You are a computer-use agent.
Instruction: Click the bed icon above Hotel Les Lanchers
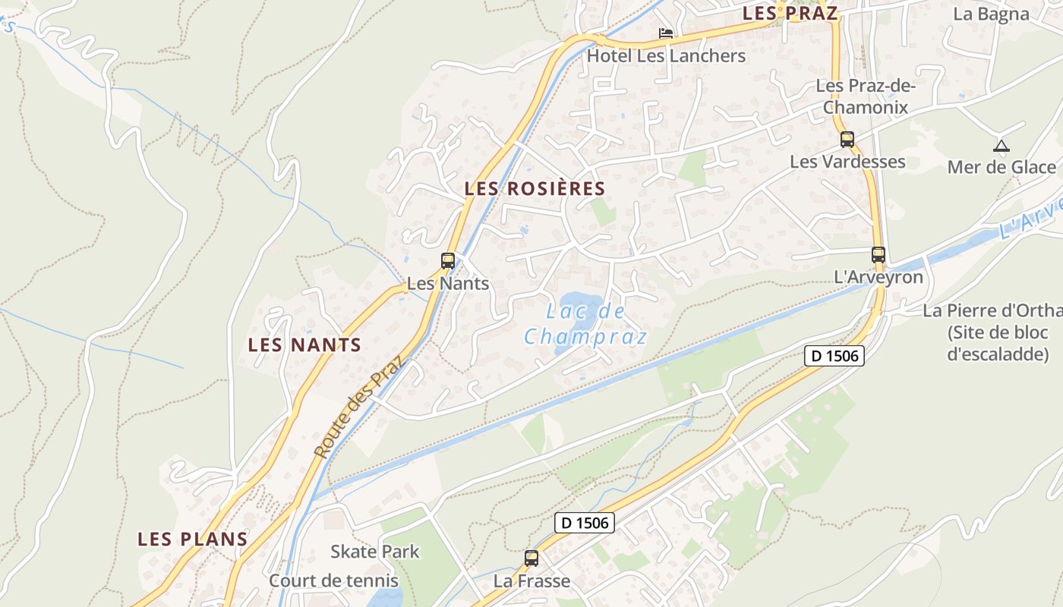pyautogui.click(x=666, y=33)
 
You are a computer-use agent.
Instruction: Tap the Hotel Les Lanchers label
pyautogui.click(x=666, y=56)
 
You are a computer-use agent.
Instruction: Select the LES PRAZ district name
pyautogui.click(x=790, y=13)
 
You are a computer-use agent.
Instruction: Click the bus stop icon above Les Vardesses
pyautogui.click(x=847, y=140)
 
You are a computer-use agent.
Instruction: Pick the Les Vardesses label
pyautogui.click(x=847, y=162)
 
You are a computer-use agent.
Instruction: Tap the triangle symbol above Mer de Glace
pyautogui.click(x=1001, y=146)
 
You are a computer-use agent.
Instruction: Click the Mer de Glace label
pyautogui.click(x=1001, y=167)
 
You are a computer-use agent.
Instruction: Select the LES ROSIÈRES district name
pyautogui.click(x=535, y=189)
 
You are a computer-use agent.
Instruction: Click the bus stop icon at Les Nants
pyautogui.click(x=448, y=261)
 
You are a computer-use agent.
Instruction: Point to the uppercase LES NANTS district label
pyautogui.click(x=304, y=345)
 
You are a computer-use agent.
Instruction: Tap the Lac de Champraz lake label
pyautogui.click(x=585, y=324)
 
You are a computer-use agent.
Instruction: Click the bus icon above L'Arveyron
pyautogui.click(x=878, y=255)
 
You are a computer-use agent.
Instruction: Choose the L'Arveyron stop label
pyautogui.click(x=878, y=277)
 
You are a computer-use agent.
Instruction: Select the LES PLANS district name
pyautogui.click(x=192, y=539)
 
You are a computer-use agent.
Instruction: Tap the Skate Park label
pyautogui.click(x=374, y=552)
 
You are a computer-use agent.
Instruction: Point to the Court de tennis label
pyautogui.click(x=333, y=581)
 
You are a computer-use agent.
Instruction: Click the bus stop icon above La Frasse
pyautogui.click(x=531, y=558)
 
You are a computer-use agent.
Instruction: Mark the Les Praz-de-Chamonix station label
pyautogui.click(x=866, y=96)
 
